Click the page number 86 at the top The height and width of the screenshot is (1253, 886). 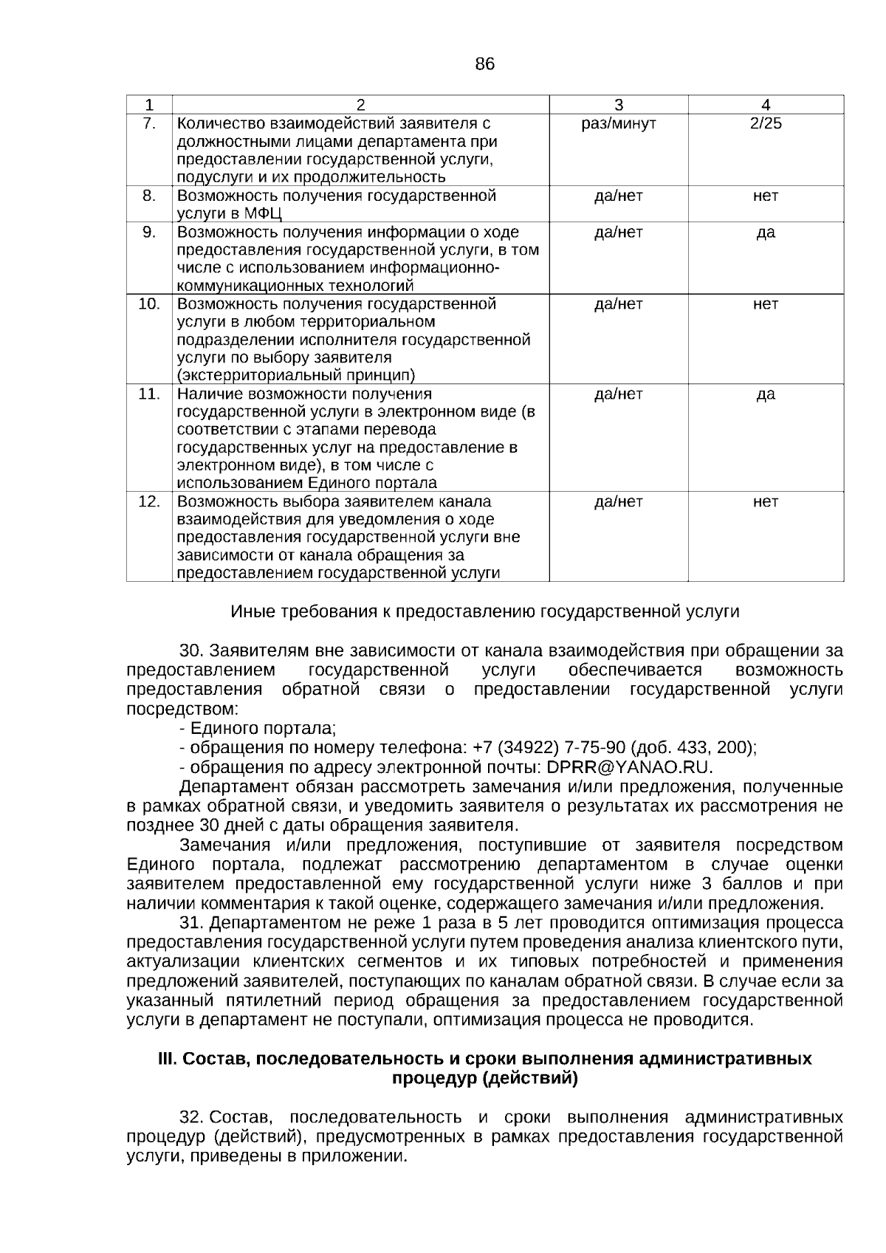point(484,64)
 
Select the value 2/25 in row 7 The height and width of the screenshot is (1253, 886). point(766,123)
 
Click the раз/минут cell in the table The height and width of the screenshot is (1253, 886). point(619,123)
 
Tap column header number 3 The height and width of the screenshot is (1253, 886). point(619,105)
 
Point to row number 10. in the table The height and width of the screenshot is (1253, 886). point(149,303)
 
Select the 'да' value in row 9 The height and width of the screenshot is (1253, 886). point(766,233)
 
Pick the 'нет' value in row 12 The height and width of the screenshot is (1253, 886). point(766,502)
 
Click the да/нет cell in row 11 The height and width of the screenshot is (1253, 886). point(619,394)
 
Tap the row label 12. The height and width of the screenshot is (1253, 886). point(149,502)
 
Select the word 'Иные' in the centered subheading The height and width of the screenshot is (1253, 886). point(253,612)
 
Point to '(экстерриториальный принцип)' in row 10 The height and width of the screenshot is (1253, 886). point(296,375)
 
